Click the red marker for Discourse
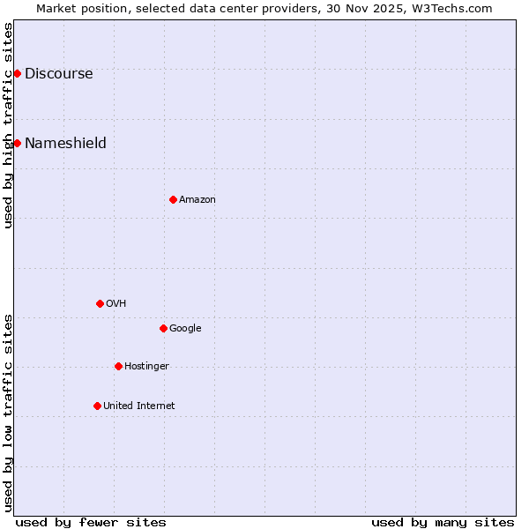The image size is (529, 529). [17, 73]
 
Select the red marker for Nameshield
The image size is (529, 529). [17, 143]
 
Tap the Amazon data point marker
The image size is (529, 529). [173, 199]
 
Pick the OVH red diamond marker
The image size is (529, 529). [100, 303]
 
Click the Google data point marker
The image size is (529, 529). [163, 328]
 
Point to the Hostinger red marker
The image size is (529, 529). [118, 366]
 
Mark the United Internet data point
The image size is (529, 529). [97, 406]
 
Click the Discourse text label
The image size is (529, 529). [58, 73]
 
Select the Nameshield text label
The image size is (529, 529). [65, 143]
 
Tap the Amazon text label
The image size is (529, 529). [197, 199]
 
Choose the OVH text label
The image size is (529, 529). [116, 303]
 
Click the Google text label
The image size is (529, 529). [185, 328]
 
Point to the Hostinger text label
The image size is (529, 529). [146, 366]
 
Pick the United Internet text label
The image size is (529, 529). [139, 406]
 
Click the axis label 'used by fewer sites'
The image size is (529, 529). [91, 522]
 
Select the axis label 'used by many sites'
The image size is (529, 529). [443, 522]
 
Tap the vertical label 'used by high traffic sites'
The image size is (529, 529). [8, 125]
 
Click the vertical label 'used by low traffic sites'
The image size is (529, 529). [8, 413]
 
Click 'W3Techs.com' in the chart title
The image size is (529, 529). [456, 8]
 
